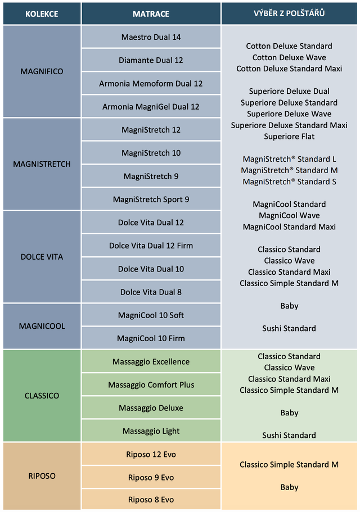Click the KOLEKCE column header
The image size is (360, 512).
[42, 13]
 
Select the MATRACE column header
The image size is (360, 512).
[151, 13]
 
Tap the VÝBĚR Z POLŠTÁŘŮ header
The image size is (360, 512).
[289, 13]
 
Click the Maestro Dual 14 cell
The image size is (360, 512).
[151, 37]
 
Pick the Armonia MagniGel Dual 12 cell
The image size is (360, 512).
[151, 106]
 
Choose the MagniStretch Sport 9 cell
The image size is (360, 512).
[151, 199]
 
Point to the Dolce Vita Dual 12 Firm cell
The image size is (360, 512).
[151, 246]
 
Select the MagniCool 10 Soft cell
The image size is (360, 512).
[151, 315]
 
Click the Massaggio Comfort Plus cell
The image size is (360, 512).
[151, 384]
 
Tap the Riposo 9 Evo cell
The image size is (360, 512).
[151, 477]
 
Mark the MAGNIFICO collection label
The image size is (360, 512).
[42, 71]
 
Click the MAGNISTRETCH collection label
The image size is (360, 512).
[42, 164]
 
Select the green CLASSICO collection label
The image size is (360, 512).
[42, 396]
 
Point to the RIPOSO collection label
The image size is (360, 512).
[42, 476]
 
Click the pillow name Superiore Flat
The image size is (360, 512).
[289, 137]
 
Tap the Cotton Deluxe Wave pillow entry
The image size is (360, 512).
[289, 57]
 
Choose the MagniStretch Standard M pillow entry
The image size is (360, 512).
[289, 170]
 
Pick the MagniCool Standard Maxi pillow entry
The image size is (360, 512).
[289, 227]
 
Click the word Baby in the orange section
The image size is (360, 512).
[289, 487]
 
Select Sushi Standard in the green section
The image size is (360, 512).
[289, 435]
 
